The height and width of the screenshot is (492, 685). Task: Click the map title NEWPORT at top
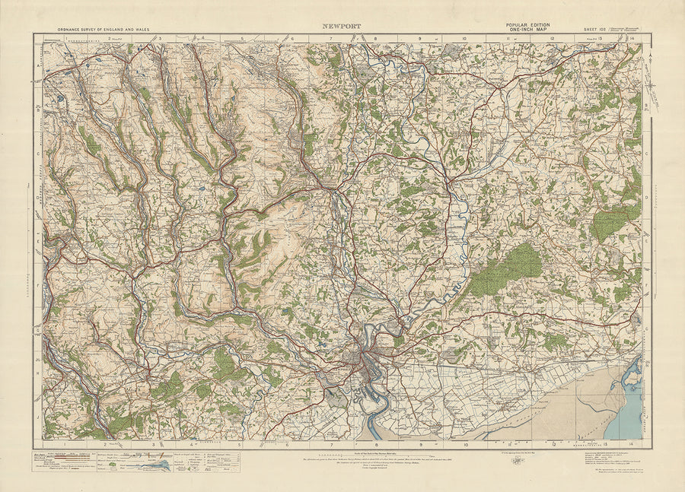coord(342,25)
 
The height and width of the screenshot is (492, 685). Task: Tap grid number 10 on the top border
coord(464,37)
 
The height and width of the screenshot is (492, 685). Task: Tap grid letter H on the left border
coord(38,374)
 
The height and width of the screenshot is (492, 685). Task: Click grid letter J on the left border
coord(38,417)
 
